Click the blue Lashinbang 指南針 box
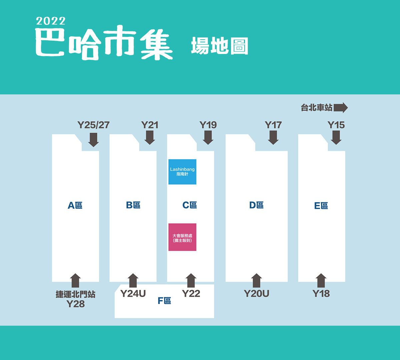(x=182, y=172)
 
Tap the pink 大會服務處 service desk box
(x=182, y=237)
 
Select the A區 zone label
(x=75, y=205)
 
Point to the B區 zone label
(x=133, y=205)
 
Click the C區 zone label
(x=190, y=205)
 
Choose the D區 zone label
(x=256, y=205)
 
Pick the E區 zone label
(x=321, y=206)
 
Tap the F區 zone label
(x=164, y=301)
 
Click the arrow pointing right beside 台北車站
(x=341, y=108)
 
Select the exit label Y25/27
(x=94, y=125)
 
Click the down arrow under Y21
(x=150, y=138)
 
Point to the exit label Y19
(x=208, y=125)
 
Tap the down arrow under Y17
(x=273, y=138)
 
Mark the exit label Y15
(x=336, y=125)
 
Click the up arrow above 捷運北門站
(x=75, y=280)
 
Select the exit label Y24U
(x=133, y=294)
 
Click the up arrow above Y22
(x=191, y=280)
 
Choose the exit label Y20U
(x=257, y=294)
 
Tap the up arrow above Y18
(x=321, y=280)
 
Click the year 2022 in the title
(x=51, y=21)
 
